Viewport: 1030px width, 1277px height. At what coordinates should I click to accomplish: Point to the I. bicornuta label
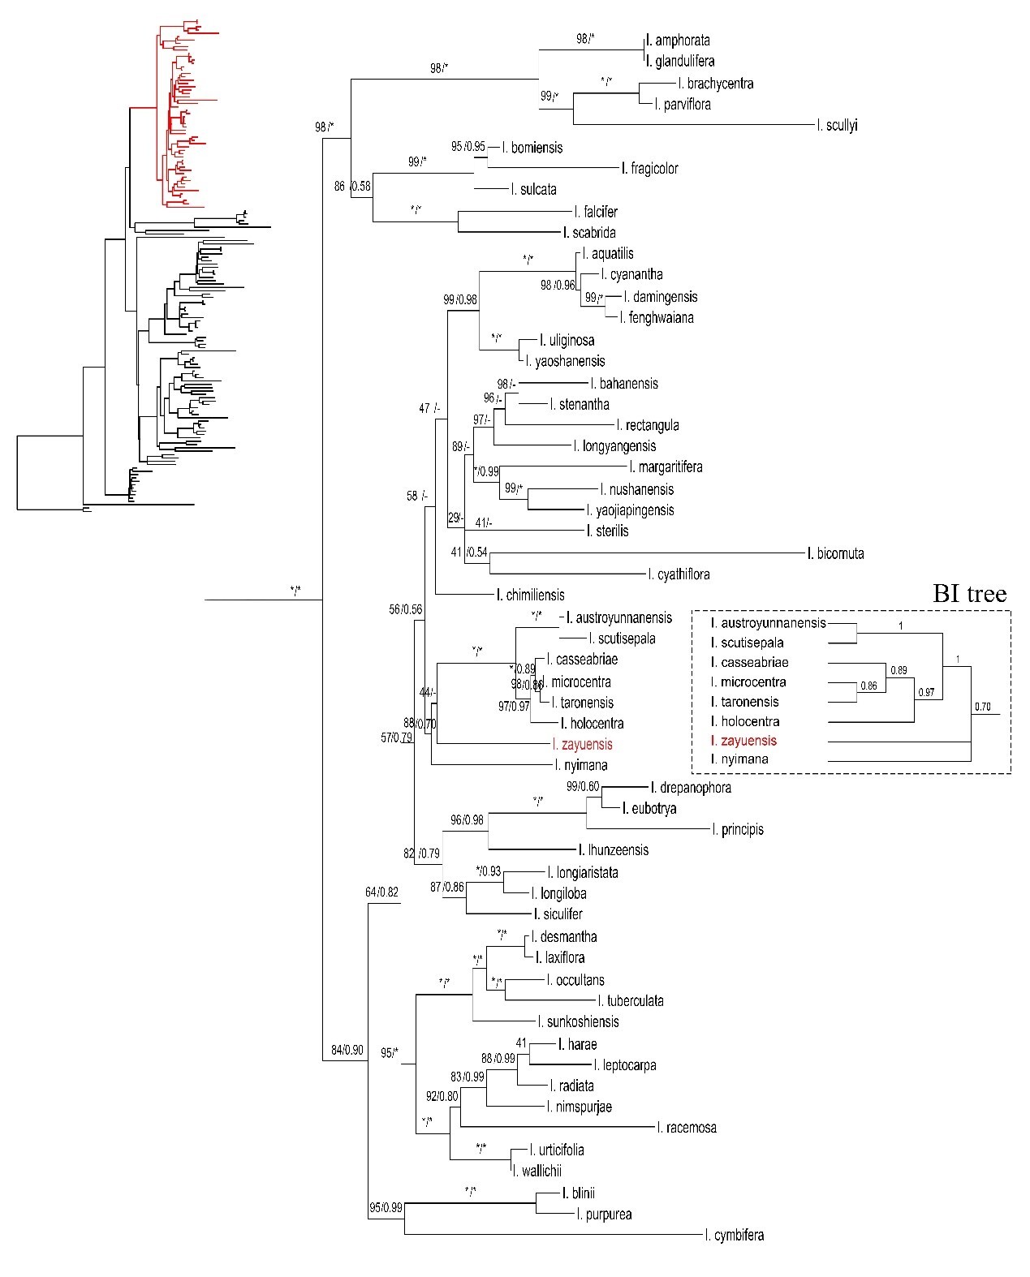point(835,554)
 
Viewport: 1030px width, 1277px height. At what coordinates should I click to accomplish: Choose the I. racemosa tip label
point(687,1128)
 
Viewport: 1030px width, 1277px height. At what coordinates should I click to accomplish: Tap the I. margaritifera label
point(666,467)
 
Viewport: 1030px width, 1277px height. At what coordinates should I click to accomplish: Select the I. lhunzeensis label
point(614,850)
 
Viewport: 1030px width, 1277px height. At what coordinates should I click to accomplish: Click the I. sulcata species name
point(533,190)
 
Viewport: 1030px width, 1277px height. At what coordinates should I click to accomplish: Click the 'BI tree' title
point(968,594)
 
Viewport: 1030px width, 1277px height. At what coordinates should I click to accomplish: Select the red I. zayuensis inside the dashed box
point(743,741)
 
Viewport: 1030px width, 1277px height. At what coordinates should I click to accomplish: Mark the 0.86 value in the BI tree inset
point(868,686)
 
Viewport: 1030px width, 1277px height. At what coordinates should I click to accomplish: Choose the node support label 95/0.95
point(468,147)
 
